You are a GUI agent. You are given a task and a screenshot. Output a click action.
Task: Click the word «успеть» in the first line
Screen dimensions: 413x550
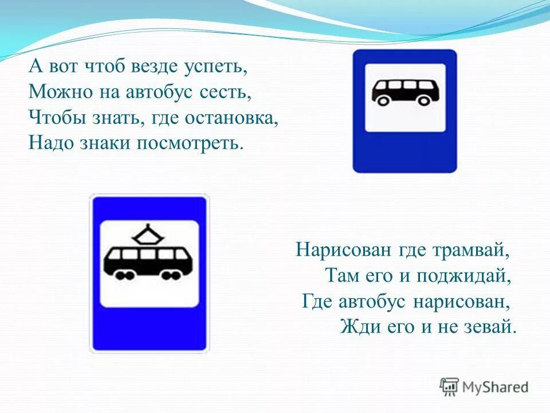216,67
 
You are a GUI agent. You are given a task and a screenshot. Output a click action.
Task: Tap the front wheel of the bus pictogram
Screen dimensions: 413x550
424,101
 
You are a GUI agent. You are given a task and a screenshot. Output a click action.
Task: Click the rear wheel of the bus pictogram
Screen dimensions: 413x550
383,101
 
